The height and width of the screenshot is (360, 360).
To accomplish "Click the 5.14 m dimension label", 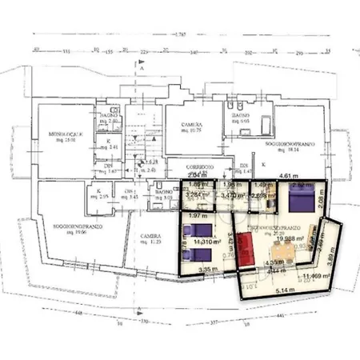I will coord(279,290).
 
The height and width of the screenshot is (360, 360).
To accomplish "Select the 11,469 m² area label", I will coord(318,276).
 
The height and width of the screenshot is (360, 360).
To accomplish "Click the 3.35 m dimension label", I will coord(209,270).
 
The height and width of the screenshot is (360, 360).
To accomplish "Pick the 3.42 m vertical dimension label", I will coord(230,238).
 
